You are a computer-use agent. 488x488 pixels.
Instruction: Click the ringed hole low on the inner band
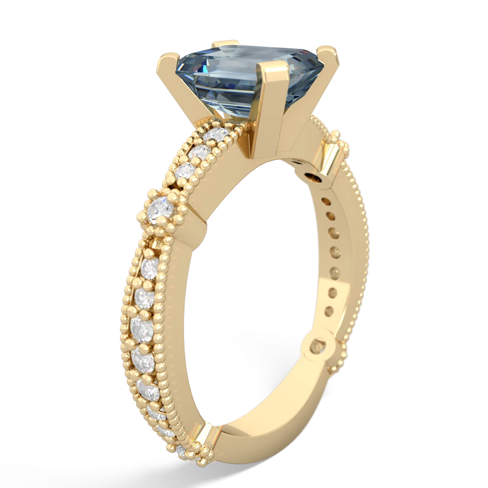pos(318,348)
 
